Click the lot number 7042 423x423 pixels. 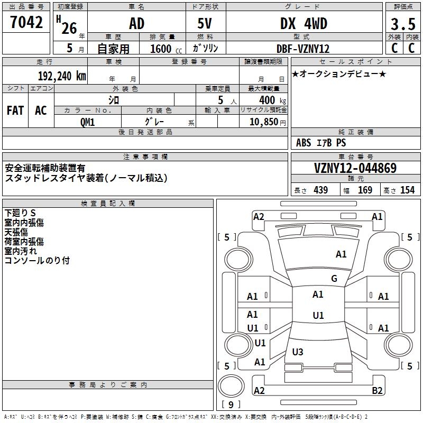26,23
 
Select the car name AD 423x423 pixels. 136,24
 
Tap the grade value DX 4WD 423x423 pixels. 304,24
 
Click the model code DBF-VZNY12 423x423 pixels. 304,49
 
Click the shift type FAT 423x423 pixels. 15,111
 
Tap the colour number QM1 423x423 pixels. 87,122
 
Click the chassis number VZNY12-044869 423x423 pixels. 355,168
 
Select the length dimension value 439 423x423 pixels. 320,190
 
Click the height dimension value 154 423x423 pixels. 407,190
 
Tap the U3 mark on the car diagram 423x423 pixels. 298,352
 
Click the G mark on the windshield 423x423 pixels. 334,279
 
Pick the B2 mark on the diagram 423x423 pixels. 377,391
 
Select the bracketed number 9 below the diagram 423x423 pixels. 231,405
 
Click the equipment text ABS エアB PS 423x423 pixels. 321,143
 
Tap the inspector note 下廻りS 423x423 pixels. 20,213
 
